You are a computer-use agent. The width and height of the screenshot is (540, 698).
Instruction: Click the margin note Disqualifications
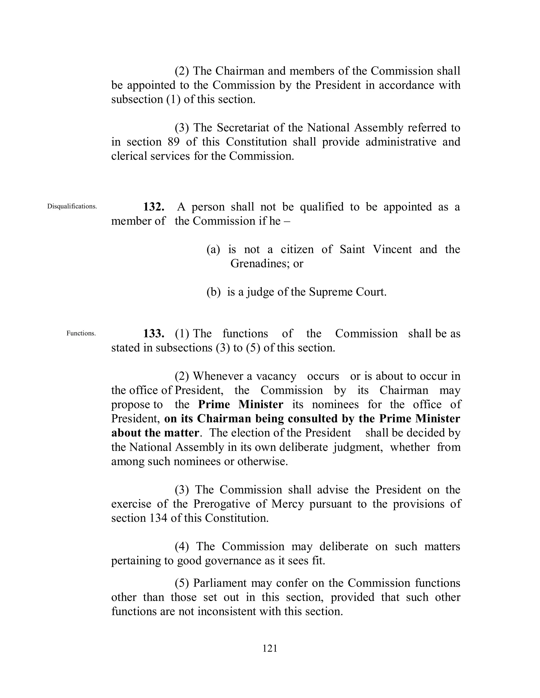pyautogui.click(x=72, y=207)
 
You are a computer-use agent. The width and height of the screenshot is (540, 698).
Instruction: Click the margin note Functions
pyautogui.click(x=81, y=333)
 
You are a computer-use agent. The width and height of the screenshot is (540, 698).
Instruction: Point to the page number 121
pyautogui.click(x=270, y=648)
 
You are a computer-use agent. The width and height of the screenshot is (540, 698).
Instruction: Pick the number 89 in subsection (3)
pyautogui.click(x=173, y=142)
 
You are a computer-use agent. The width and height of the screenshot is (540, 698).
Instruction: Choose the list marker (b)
pyautogui.click(x=213, y=292)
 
